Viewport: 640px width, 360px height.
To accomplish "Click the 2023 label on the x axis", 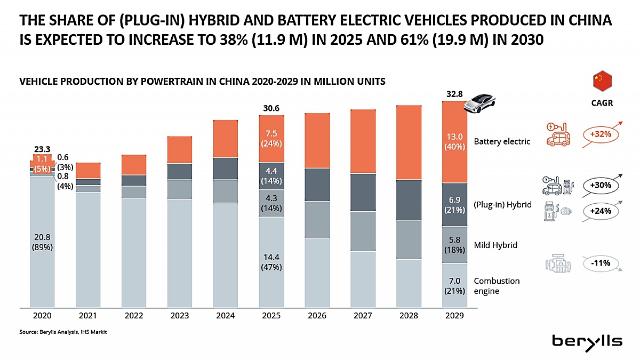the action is (x=179, y=315).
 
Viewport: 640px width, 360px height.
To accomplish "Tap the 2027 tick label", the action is (x=363, y=315).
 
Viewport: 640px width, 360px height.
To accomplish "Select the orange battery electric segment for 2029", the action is (x=454, y=142).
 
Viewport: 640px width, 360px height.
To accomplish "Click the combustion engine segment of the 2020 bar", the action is (x=42, y=242).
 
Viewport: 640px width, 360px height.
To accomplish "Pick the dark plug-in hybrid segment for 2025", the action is (x=271, y=176).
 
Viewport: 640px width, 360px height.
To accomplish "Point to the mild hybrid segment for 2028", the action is (x=409, y=240).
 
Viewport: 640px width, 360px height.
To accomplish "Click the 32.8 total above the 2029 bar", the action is (x=454, y=94).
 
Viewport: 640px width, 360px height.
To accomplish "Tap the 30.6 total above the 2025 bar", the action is (x=271, y=108).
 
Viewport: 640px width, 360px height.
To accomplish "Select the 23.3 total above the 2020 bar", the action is (x=42, y=149).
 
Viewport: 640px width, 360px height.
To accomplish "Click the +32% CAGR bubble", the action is (x=601, y=134).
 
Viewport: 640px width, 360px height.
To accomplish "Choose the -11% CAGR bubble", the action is (x=601, y=263).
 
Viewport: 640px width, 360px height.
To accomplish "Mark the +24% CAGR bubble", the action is (x=601, y=211).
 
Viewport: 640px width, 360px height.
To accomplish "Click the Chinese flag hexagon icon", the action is (x=602, y=81).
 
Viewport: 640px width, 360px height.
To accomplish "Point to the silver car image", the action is (x=479, y=103).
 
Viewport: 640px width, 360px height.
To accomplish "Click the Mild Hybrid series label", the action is (x=495, y=245).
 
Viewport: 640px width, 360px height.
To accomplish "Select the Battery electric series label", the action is (x=502, y=141).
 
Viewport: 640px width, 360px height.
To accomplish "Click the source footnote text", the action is (x=63, y=332).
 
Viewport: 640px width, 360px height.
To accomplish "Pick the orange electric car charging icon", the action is (x=558, y=134).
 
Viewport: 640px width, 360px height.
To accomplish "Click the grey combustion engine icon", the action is (x=558, y=263).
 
